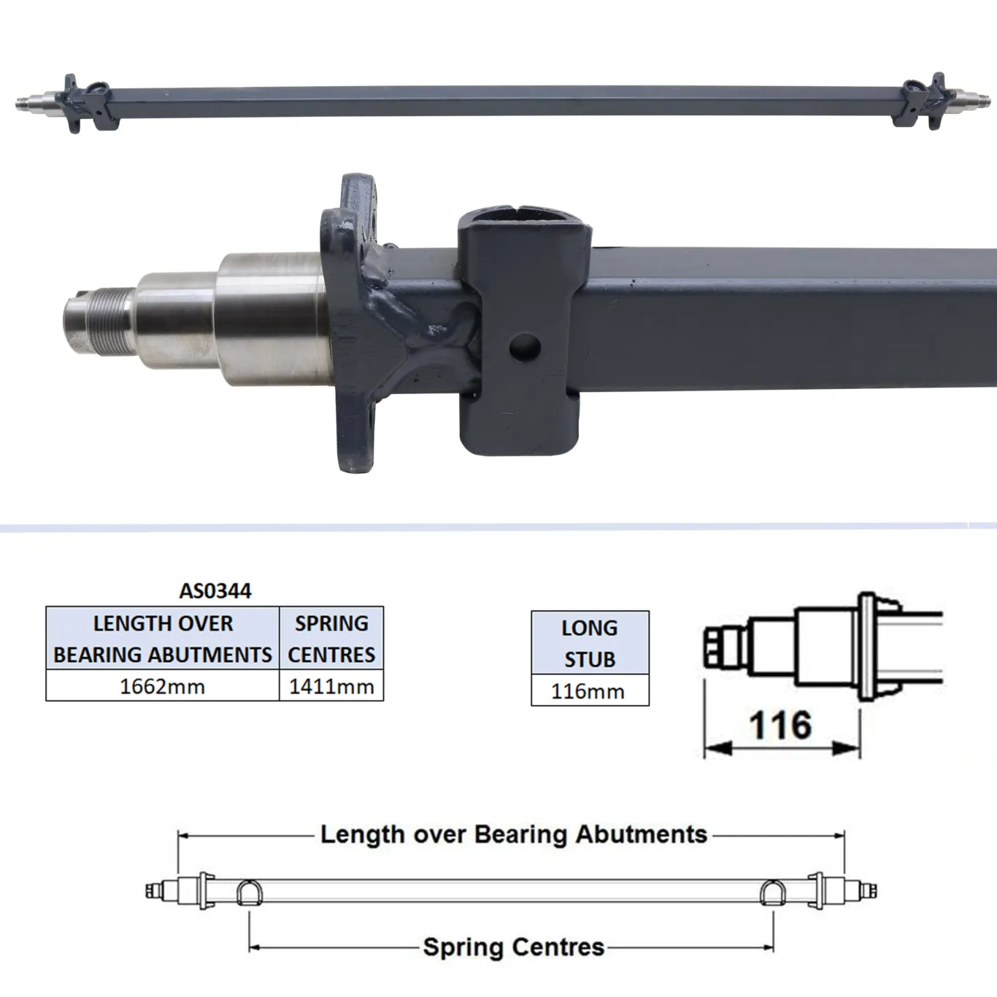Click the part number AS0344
(x=215, y=590)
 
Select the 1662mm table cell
(x=162, y=687)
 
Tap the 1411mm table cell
(x=331, y=687)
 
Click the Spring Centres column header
(x=331, y=639)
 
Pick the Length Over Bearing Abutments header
(x=162, y=639)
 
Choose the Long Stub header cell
(x=590, y=643)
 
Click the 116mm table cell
(x=590, y=691)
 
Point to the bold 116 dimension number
(x=780, y=725)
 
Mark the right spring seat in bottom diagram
(x=773, y=893)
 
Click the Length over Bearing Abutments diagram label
(x=514, y=834)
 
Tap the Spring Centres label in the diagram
(x=514, y=947)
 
